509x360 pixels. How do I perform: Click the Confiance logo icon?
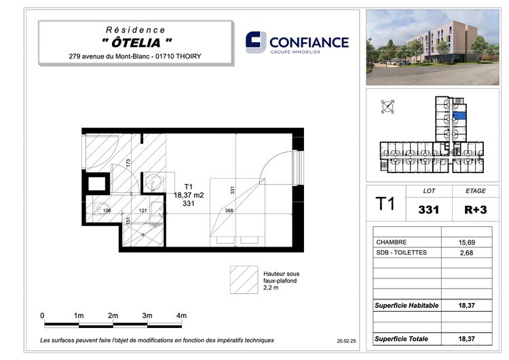[256, 42]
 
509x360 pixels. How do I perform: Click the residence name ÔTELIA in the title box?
[136, 43]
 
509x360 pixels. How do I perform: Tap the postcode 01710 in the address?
[165, 56]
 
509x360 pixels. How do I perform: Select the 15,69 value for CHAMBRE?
[466, 242]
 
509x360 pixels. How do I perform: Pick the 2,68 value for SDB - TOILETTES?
[466, 253]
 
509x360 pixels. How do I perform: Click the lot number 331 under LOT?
[428, 210]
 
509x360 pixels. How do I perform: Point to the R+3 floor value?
[476, 210]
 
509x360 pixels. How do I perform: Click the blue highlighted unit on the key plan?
[459, 115]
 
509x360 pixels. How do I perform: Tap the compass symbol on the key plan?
[388, 107]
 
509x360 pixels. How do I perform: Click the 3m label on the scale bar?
[147, 315]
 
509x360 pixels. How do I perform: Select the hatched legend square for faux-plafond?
[244, 280]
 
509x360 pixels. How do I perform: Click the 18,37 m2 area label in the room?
[189, 195]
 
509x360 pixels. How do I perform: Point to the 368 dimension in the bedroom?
[229, 211]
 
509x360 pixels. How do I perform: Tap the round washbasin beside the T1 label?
[153, 182]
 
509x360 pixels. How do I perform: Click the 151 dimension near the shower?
[128, 221]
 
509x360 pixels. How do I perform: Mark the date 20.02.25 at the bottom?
[346, 341]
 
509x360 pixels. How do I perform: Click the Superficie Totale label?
[401, 339]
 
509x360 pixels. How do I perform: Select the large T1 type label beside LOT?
[385, 204]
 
